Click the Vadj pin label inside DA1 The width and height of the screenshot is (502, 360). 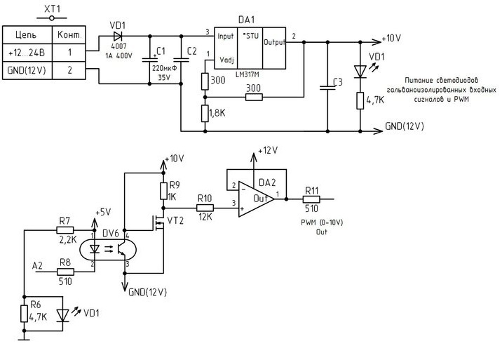(x=226, y=60)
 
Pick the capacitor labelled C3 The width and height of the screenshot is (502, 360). (x=327, y=87)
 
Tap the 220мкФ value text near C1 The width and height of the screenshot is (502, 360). (x=163, y=69)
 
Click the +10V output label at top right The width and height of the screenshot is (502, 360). (x=391, y=38)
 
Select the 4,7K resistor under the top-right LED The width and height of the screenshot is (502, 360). (x=360, y=100)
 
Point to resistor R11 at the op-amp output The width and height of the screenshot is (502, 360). (x=311, y=198)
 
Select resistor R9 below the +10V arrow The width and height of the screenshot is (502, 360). (x=163, y=191)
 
